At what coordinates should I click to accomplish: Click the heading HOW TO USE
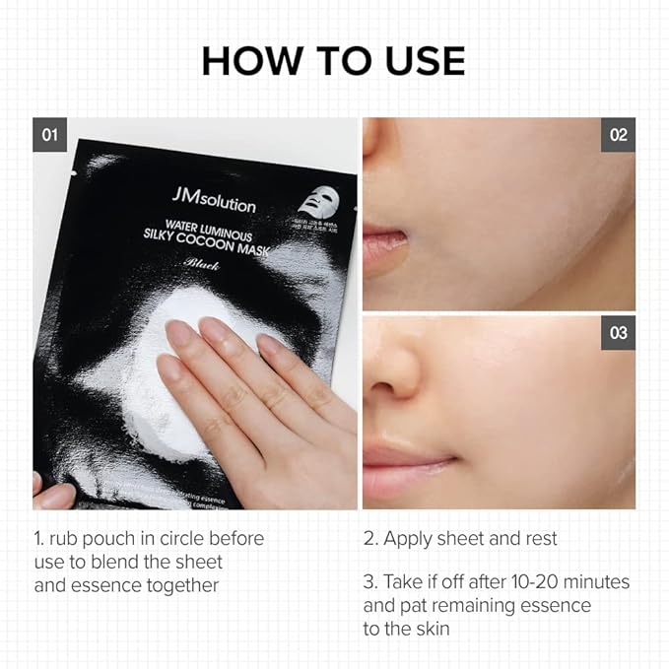[333, 60]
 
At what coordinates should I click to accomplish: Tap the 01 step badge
[49, 134]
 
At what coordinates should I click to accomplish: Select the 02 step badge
[618, 134]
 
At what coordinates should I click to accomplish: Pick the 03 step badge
[618, 333]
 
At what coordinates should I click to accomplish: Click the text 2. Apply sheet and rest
[460, 539]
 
